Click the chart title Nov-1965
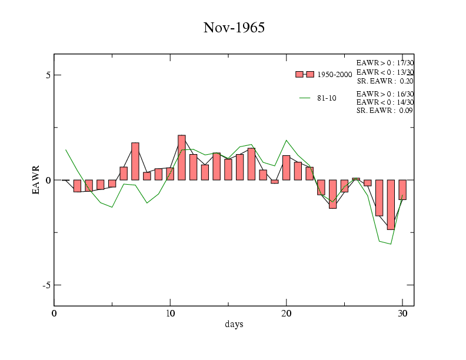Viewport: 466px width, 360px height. [234, 28]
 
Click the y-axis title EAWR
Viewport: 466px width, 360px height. [36, 179]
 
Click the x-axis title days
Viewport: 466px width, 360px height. [234, 324]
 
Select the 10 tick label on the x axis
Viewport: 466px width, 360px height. [170, 313]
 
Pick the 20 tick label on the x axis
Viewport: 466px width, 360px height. [287, 313]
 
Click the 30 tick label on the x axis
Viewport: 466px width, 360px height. [402, 313]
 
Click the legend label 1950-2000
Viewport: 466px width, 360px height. [335, 75]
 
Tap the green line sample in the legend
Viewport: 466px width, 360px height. [305, 98]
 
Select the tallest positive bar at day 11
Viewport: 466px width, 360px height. [182, 158]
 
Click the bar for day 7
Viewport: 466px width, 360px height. [135, 161]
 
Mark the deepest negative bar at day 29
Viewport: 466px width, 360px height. [391, 205]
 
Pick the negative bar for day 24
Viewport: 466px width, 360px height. [332, 194]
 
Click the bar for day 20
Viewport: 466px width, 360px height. [287, 168]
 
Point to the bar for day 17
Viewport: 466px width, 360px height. [251, 164]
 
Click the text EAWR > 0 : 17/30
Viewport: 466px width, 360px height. [385, 62]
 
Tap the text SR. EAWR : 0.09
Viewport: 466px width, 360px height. [385, 111]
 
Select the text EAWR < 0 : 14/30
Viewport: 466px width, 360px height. [385, 102]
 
